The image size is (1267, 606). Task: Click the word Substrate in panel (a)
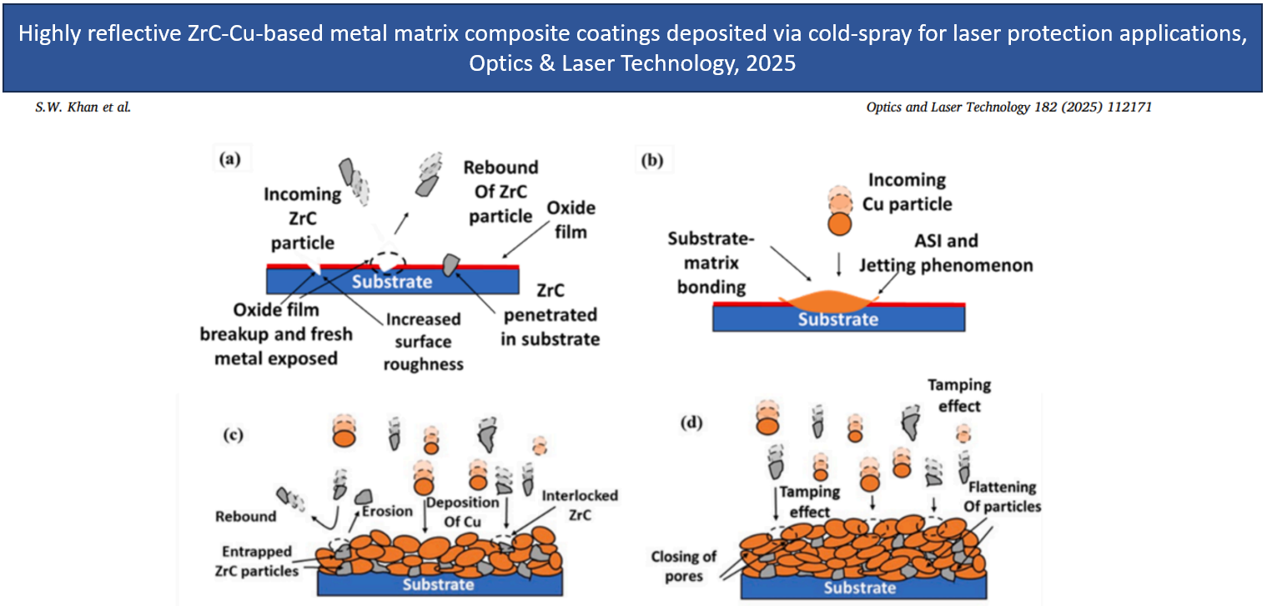coord(390,281)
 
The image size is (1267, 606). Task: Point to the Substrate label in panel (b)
coord(838,319)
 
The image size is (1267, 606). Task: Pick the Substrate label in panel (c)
coord(439,583)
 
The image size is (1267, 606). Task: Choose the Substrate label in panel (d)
coord(861,588)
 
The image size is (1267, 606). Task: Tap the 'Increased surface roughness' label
coord(423,342)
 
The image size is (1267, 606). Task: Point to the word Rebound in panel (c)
coord(245,516)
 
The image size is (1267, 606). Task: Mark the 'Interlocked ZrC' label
coord(580,506)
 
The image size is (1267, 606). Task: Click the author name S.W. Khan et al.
coord(83,108)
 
